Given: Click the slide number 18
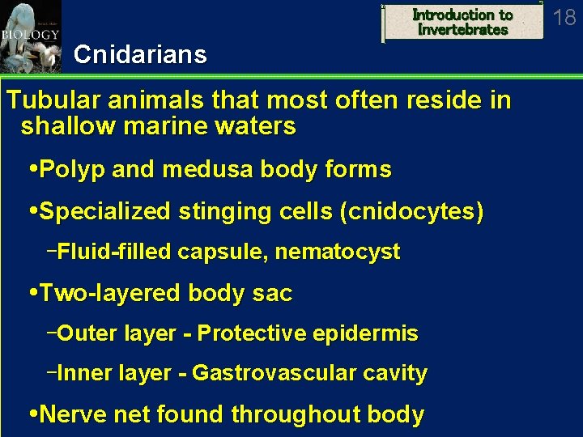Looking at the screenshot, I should point(564,17).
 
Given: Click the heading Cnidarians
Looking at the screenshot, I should point(139,55).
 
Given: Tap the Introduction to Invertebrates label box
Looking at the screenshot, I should point(462,22).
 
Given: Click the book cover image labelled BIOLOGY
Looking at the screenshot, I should point(31,36).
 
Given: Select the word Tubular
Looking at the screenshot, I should point(53,101).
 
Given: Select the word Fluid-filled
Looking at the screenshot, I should point(114,252).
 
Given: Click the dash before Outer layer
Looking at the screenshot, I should point(52,332).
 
